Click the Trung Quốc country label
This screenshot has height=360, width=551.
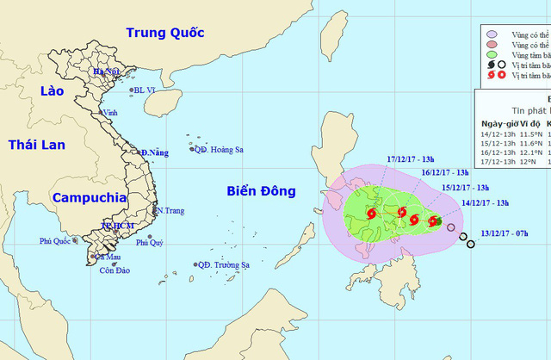coord(164,33)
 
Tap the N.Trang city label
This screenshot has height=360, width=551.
coord(170,210)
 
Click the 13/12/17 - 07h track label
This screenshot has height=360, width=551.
coord(510,232)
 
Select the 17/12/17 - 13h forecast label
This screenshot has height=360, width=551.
coord(410,158)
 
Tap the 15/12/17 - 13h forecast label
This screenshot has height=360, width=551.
coord(465,187)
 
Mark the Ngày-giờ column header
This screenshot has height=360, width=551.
coord(498,122)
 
